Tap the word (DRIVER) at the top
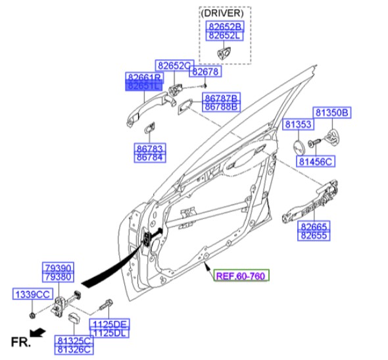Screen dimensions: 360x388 tap(225, 13)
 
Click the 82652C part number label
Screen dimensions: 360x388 tap(174, 66)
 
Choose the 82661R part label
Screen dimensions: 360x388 tap(143, 77)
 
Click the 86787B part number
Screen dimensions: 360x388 tap(221, 97)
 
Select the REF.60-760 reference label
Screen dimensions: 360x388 tap(240, 276)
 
